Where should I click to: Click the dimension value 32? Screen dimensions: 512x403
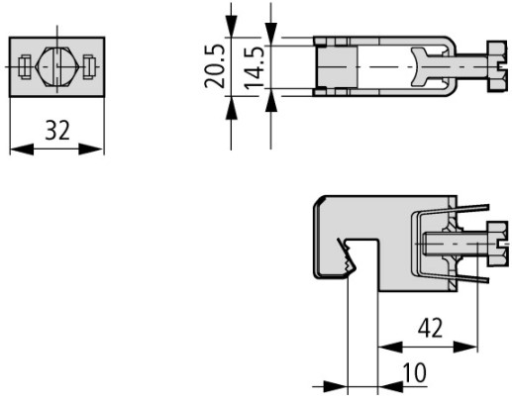[57, 130]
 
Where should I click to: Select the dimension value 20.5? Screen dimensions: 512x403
[215, 66]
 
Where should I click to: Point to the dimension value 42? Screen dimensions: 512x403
[430, 328]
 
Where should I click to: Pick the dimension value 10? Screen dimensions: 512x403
[415, 372]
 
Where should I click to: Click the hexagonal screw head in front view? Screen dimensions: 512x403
[57, 67]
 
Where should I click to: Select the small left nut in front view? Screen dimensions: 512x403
[25, 67]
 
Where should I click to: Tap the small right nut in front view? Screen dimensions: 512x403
[89, 67]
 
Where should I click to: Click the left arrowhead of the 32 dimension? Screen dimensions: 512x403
[22, 150]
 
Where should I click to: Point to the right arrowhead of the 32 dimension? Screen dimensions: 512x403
[91, 150]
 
